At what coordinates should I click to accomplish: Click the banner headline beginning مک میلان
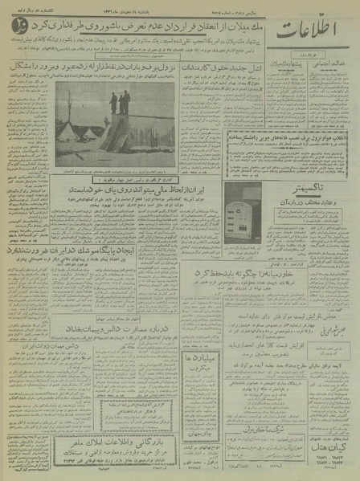click(153, 25)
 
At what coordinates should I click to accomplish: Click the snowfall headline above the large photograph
click(96, 67)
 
